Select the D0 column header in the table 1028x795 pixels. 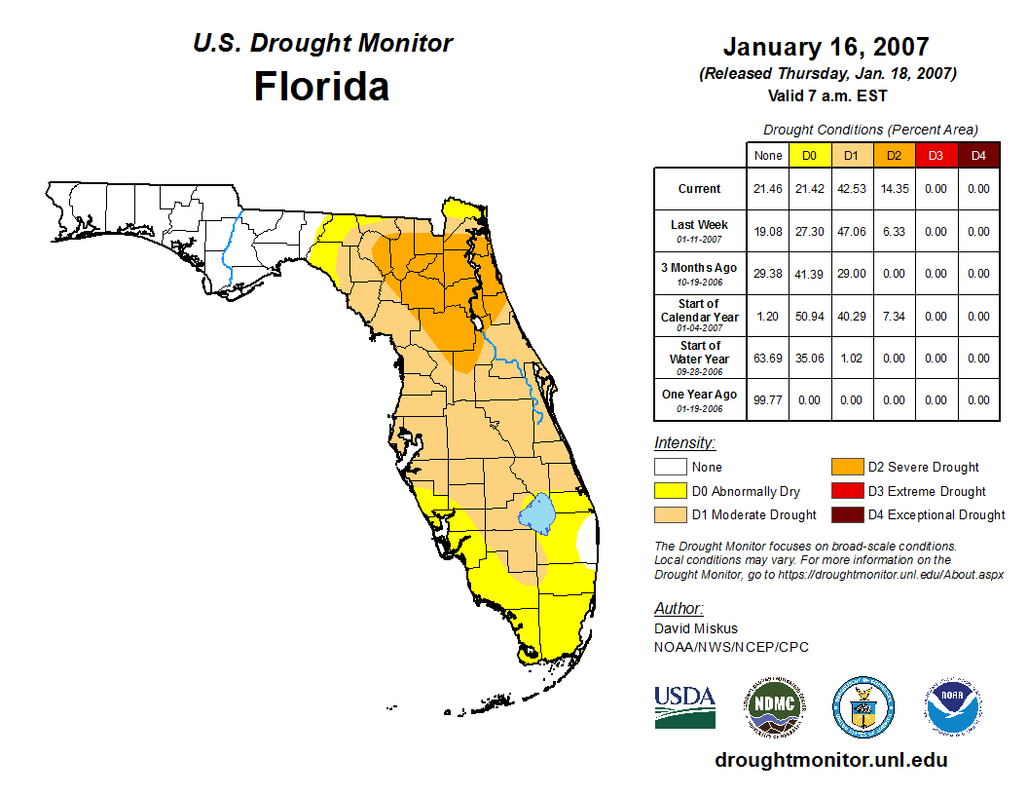click(809, 155)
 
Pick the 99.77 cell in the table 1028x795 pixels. click(767, 399)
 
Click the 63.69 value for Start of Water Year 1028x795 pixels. click(767, 358)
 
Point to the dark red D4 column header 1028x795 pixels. click(978, 155)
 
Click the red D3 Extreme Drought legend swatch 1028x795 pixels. click(845, 491)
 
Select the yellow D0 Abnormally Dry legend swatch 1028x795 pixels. click(670, 491)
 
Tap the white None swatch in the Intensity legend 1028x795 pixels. click(670, 468)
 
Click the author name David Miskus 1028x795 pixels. click(695, 628)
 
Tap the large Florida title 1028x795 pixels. click(321, 87)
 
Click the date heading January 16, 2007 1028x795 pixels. click(826, 47)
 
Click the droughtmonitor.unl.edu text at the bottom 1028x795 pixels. click(830, 760)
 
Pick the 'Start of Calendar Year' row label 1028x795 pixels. click(699, 317)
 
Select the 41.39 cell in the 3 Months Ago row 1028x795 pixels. click(809, 274)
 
